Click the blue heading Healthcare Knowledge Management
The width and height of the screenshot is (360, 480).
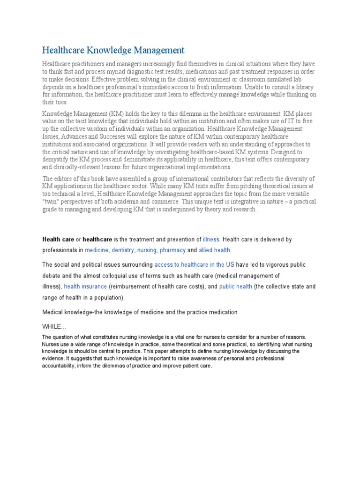[x=113, y=50]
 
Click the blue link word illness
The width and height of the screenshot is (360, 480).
[x=211, y=240]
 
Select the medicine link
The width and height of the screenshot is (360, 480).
[x=97, y=250]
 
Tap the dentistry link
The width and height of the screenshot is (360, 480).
[x=122, y=250]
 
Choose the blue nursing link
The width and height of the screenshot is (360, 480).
[x=147, y=250]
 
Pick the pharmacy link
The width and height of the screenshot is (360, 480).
[x=173, y=250]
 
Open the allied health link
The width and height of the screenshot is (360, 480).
[x=215, y=250]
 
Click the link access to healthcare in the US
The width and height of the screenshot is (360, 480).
[x=194, y=265]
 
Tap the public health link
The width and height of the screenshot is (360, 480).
[x=236, y=286]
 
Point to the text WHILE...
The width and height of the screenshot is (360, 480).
[x=52, y=326]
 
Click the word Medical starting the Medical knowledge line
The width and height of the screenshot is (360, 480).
[x=53, y=312]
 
